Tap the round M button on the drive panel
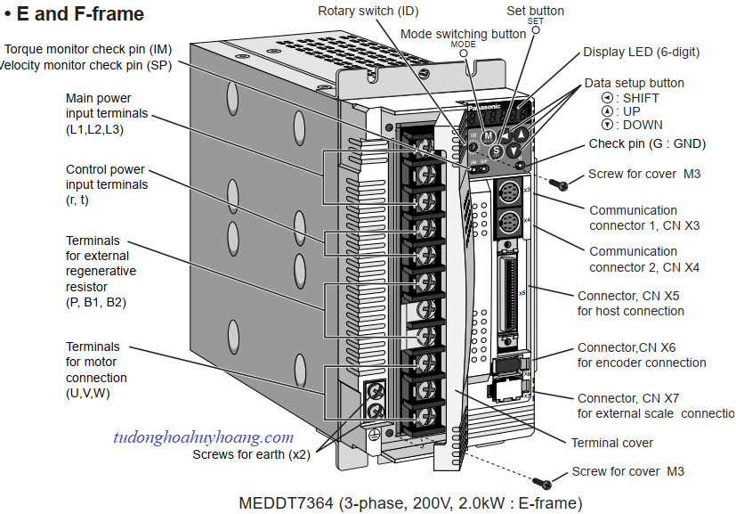tap(488, 136)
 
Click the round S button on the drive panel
tap(497, 151)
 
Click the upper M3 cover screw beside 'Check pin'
tap(560, 184)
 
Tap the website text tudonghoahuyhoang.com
tap(203, 437)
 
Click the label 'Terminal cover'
tap(612, 443)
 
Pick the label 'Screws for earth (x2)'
tap(251, 453)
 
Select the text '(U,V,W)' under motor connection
tap(87, 393)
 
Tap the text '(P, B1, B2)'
tap(95, 302)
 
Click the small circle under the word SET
tap(537, 29)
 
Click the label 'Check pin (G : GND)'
tap(646, 143)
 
